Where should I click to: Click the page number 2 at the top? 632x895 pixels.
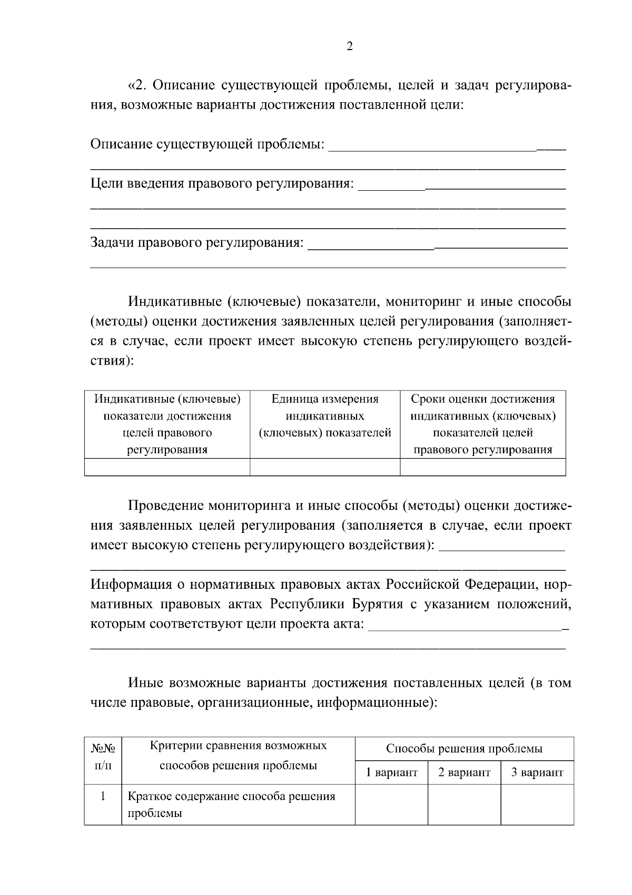tap(350, 47)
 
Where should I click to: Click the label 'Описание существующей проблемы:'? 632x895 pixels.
tap(208, 144)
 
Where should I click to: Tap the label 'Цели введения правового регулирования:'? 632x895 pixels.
tap(222, 183)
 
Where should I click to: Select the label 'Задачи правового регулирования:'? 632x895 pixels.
tap(197, 242)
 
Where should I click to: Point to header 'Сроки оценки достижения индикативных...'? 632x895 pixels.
tap(483, 424)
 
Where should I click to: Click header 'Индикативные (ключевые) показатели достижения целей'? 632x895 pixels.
tap(167, 424)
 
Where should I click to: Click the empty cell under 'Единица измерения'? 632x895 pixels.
tap(325, 467)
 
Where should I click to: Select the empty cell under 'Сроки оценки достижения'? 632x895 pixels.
tap(483, 467)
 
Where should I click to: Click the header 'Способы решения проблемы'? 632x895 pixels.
tap(464, 748)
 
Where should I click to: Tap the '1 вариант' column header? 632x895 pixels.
tap(392, 773)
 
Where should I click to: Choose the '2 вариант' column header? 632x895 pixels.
tap(464, 773)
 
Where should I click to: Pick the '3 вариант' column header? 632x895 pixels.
tap(537, 773)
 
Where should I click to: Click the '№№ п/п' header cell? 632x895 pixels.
tap(103, 756)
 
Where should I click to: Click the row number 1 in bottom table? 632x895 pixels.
tap(103, 796)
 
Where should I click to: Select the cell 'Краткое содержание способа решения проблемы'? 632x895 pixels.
tap(232, 804)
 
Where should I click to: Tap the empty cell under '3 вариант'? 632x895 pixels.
tap(537, 804)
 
